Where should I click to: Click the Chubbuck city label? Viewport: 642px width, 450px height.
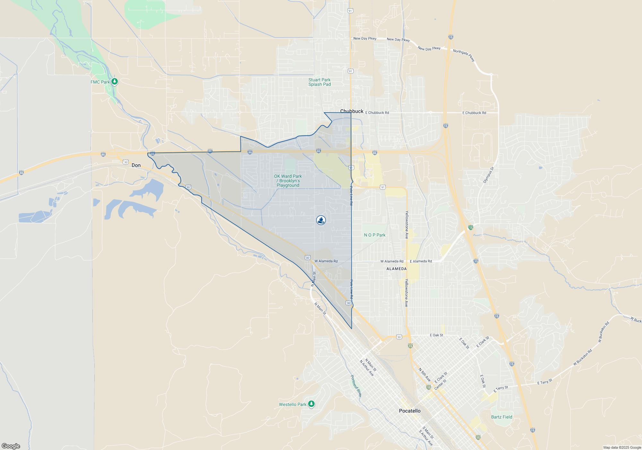[352, 111]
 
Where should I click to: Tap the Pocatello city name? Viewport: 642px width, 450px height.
[410, 411]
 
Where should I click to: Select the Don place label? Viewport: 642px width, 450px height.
[136, 165]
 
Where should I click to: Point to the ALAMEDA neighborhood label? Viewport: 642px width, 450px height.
[396, 269]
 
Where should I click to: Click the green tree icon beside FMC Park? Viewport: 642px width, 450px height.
[115, 82]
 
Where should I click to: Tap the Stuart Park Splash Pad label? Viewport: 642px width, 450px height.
[319, 82]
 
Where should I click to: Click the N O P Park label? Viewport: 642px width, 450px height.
[375, 235]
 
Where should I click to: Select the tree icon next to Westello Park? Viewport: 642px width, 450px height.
[311, 404]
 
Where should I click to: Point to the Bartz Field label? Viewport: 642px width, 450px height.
[502, 417]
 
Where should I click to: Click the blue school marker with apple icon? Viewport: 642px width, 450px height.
[321, 220]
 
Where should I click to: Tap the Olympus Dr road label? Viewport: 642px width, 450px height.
[489, 175]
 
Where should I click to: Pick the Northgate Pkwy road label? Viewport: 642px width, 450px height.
[464, 55]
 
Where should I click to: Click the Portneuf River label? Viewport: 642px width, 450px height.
[356, 386]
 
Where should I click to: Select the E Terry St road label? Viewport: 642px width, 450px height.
[545, 382]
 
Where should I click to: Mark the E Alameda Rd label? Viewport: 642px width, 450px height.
[421, 261]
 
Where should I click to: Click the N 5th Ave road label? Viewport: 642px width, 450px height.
[424, 375]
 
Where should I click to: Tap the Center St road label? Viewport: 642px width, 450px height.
[440, 385]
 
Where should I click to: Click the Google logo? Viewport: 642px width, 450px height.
[11, 446]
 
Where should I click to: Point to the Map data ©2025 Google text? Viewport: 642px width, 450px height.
[622, 447]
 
